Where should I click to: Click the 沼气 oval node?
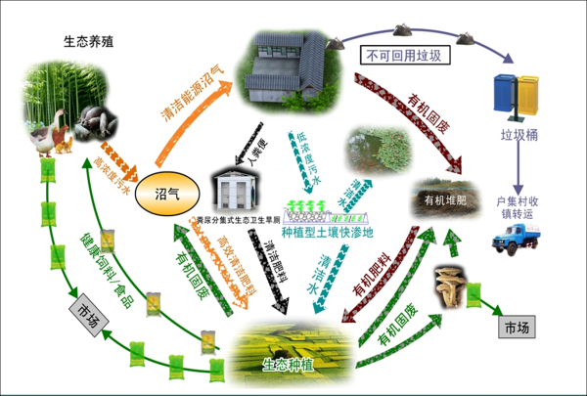click(164, 192)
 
